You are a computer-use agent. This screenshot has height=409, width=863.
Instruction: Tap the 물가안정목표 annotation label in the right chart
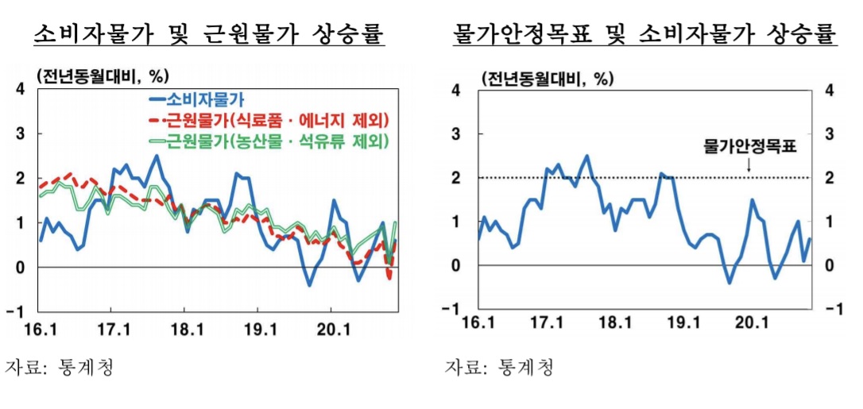tap(749, 147)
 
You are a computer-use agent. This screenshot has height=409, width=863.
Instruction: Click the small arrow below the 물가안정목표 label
tap(749, 165)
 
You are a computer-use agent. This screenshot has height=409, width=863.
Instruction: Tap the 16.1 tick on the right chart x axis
tap(475, 324)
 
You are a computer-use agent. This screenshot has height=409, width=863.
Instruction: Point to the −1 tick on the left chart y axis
tap(17, 311)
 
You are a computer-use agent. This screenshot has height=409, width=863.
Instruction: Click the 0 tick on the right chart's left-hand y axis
tap(456, 265)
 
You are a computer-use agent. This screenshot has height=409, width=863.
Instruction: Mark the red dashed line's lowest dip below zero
tap(390, 277)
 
